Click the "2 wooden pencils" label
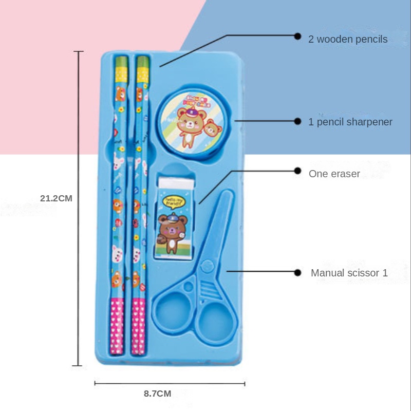(x=348, y=39)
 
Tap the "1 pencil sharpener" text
(x=350, y=122)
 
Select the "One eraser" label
(x=334, y=174)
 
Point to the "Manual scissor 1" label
(x=349, y=273)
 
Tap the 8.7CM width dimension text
(x=157, y=394)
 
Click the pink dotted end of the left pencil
(x=117, y=326)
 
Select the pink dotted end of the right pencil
(x=138, y=326)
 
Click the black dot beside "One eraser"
(x=297, y=171)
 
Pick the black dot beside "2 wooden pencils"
(x=297, y=36)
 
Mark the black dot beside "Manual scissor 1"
(x=297, y=273)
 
